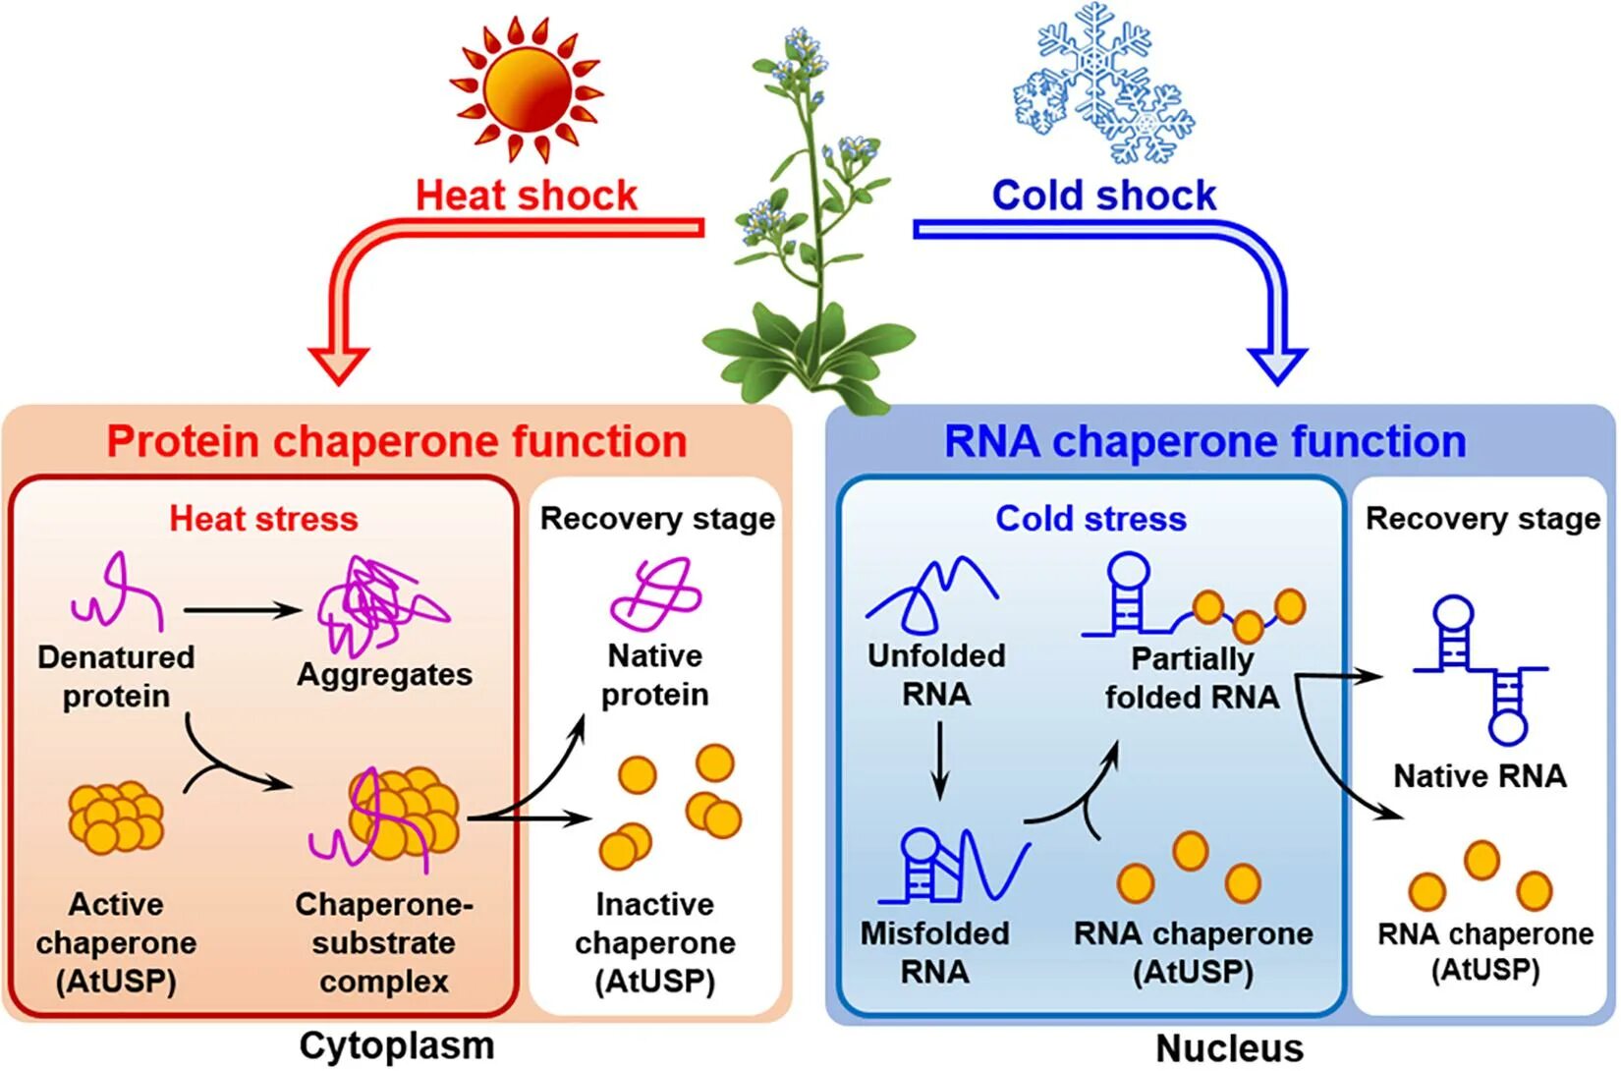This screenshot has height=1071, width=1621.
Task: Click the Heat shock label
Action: tap(527, 196)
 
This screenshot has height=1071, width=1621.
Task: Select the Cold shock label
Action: tap(1103, 196)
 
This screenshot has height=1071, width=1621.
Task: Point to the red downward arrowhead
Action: tap(339, 365)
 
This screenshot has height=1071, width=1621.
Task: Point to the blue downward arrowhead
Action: tap(1277, 365)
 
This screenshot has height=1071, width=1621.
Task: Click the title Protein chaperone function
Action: tap(396, 441)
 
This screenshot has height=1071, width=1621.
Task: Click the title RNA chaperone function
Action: tap(1204, 441)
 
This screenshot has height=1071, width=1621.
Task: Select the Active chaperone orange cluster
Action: tap(116, 817)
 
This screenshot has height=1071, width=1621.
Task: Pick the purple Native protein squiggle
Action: tap(655, 594)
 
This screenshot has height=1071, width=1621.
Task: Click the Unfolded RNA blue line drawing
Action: tap(930, 594)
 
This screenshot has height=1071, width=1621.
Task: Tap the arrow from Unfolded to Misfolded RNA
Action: tap(940, 761)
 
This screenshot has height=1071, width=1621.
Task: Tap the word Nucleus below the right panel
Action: tap(1229, 1048)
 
